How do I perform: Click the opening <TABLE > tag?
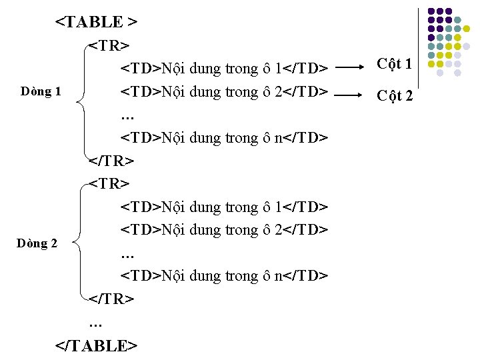click(96, 22)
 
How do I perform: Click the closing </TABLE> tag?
click(96, 345)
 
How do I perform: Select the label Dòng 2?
click(37, 243)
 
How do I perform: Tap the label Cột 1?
click(394, 65)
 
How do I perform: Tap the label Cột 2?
click(395, 96)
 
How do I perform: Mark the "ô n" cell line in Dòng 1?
click(224, 138)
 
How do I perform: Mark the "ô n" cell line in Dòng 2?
click(224, 276)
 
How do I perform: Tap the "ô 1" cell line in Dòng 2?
click(224, 207)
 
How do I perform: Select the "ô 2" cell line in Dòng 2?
click(224, 230)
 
